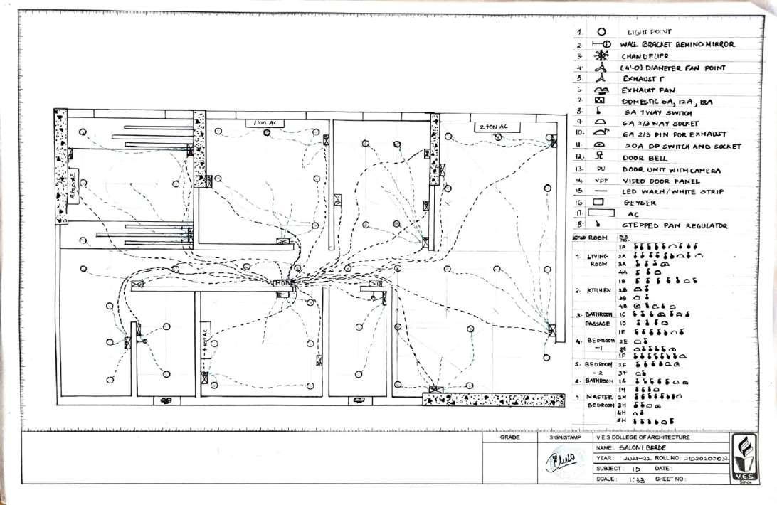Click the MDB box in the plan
tap(283, 283)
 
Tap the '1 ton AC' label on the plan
tap(265, 123)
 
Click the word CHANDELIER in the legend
tap(645, 56)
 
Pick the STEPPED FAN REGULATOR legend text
tap(675, 225)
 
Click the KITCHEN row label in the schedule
tap(599, 290)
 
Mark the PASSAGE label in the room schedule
tap(598, 324)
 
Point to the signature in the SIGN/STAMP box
tap(559, 464)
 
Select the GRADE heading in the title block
tap(509, 437)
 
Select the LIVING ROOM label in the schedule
tap(598, 260)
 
